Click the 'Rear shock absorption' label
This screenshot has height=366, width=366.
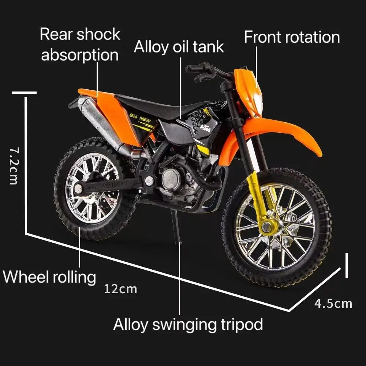(80, 45)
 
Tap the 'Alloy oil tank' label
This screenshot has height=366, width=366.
(179, 47)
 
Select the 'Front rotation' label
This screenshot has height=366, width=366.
(292, 37)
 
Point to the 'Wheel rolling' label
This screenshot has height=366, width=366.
(49, 277)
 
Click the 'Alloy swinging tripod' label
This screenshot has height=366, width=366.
(188, 324)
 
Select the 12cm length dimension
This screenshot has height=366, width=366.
(120, 289)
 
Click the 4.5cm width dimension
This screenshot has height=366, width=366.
(333, 303)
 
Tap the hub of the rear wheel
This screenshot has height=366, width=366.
(79, 189)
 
